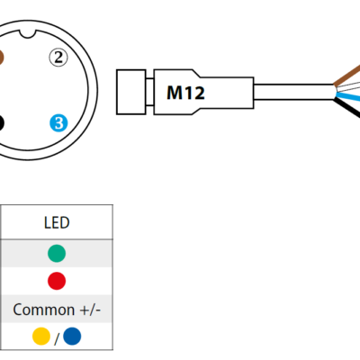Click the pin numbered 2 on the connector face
coord(59,58)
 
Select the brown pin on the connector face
coord(3,58)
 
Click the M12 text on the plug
coord(186,91)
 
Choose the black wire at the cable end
coord(347,110)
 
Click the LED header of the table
coord(57,222)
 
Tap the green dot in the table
coord(57,254)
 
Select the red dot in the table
coord(57,281)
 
